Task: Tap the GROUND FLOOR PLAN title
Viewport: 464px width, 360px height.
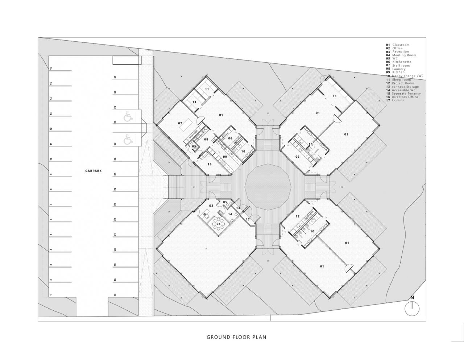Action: [236, 337]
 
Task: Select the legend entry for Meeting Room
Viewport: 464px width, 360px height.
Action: [401, 55]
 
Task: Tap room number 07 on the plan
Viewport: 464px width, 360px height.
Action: [180, 124]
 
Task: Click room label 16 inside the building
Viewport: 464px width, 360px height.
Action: [210, 165]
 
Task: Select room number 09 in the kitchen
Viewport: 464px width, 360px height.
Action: [225, 157]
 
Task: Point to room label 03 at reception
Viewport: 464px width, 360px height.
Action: [211, 206]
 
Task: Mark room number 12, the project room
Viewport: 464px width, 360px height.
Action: [297, 216]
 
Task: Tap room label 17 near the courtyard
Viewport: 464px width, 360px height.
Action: [248, 220]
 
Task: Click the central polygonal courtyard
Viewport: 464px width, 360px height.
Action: [268, 187]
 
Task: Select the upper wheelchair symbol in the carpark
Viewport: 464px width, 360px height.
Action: [127, 117]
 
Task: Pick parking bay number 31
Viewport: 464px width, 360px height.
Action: [115, 77]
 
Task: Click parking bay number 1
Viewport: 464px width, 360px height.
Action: [51, 295]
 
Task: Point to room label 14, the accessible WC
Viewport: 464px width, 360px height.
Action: [230, 214]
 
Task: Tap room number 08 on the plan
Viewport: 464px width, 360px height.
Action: [206, 140]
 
